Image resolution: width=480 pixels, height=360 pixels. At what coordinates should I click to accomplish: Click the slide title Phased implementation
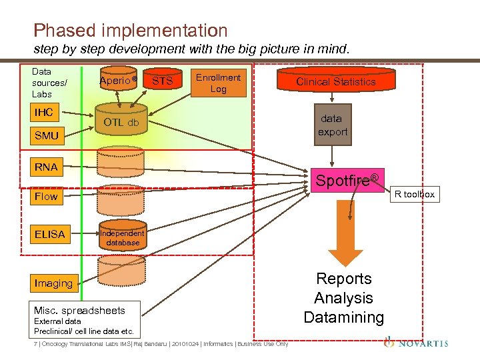(131, 31)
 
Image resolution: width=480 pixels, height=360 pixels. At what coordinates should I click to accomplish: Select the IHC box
(45, 112)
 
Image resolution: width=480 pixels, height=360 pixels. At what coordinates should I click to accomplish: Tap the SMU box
(47, 135)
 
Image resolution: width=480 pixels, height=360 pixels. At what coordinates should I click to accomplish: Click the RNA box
(47, 167)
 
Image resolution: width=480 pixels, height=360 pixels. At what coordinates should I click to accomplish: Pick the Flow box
(47, 196)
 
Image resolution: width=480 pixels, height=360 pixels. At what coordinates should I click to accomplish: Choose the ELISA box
(50, 234)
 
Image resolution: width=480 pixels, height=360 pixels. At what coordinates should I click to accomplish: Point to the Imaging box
(54, 283)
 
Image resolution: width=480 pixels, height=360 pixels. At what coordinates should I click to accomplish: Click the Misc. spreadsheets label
(79, 311)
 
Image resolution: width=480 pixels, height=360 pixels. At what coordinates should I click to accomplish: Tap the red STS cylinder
(163, 81)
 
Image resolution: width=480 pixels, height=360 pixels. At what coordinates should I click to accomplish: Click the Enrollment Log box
(218, 83)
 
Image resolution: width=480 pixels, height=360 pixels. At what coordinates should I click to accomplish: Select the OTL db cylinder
(121, 122)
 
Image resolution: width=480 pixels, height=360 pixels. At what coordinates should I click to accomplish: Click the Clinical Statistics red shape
(336, 82)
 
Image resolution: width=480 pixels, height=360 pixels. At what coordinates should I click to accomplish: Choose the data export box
(332, 125)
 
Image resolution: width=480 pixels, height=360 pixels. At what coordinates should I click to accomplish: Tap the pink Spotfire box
(347, 180)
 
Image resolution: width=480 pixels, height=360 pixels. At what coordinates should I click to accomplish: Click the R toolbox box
(414, 195)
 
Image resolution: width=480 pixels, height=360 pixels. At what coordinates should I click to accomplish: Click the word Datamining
(343, 317)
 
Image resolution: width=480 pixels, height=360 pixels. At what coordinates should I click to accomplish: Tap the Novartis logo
(416, 343)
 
